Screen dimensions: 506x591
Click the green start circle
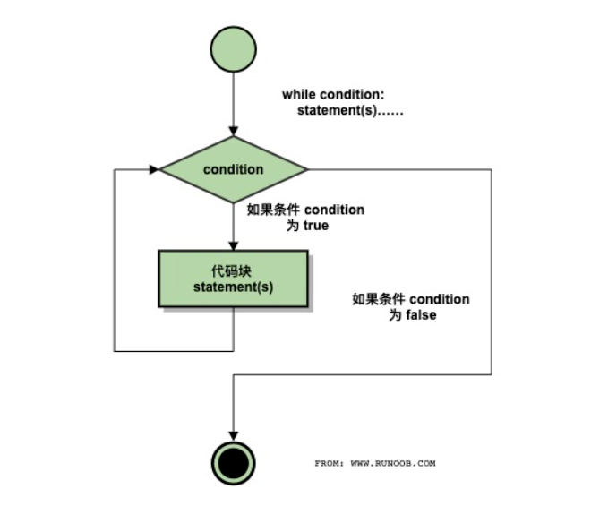(233, 47)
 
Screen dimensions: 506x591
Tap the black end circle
(233, 462)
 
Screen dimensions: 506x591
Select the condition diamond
(233, 168)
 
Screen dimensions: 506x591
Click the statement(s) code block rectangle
(233, 279)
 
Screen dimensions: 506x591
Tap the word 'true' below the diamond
(315, 226)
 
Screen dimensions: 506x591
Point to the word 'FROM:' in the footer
(329, 464)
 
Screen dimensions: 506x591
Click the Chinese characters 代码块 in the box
(233, 270)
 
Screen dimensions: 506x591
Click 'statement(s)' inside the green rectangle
(233, 287)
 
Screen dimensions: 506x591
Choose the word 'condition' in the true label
(334, 210)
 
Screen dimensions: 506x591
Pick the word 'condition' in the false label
(439, 299)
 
